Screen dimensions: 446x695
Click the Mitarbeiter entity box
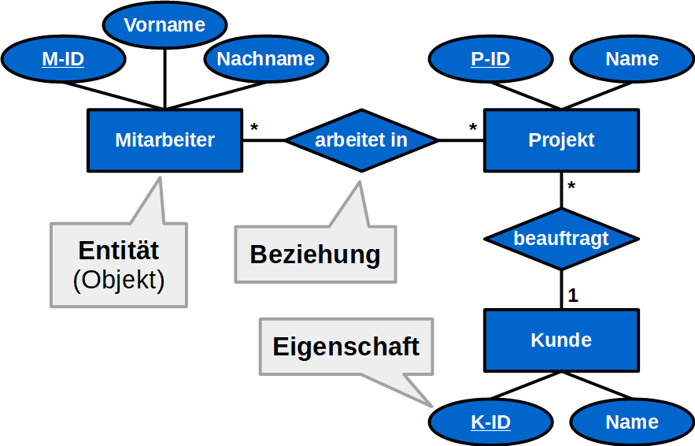165,140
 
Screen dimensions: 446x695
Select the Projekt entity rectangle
560,140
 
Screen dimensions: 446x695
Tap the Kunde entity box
560,340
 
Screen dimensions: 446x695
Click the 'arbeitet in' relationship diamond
361,140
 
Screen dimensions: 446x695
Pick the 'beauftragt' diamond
560,239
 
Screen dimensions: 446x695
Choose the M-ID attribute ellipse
63,59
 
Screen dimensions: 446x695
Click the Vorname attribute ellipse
165,25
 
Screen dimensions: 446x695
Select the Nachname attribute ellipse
265,59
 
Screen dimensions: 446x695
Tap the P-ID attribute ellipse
490,59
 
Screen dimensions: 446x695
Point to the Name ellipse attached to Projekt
631,59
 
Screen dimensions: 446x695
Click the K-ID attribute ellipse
490,422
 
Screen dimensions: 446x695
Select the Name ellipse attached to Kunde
631,422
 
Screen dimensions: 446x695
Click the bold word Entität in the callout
119,251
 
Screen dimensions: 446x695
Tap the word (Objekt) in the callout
119,281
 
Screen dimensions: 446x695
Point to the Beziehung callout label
315,255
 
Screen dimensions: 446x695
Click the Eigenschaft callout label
346,347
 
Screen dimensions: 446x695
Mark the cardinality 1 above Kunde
573,296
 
